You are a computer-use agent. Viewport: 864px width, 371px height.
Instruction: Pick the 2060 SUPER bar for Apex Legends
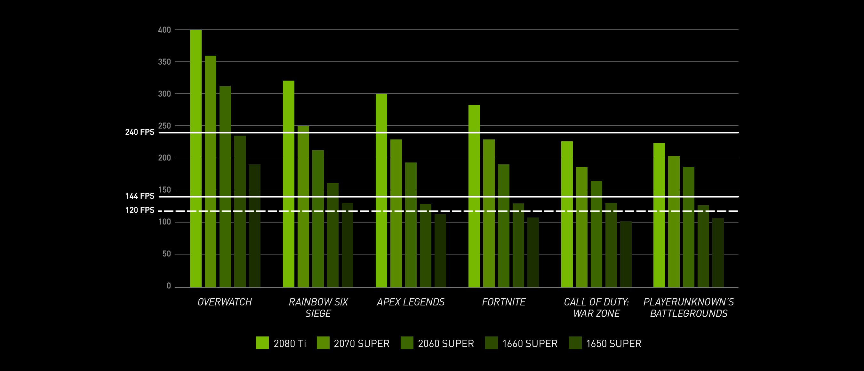coord(411,225)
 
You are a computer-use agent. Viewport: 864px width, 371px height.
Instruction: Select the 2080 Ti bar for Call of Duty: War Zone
coord(567,214)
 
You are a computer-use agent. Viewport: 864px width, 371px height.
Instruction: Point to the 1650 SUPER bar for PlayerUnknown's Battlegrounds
coord(718,253)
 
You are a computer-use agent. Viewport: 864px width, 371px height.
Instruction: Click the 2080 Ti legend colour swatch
coord(262,343)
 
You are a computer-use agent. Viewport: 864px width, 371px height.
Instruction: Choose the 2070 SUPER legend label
coord(362,343)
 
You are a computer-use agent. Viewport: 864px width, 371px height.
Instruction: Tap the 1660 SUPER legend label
coord(530,343)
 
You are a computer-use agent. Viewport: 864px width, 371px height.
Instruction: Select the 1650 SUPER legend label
coord(614,343)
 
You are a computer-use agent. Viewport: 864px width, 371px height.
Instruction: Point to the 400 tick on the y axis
coord(164,30)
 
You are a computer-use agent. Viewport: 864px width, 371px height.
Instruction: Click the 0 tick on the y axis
coord(169,286)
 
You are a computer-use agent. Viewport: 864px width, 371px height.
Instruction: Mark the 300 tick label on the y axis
coord(164,94)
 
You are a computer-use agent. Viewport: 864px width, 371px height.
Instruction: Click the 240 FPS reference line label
coord(140,132)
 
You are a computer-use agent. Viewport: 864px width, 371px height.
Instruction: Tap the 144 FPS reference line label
coord(140,196)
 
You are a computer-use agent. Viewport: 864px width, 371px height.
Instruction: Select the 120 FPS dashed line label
coord(140,210)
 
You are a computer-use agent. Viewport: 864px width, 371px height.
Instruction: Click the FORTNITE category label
coord(504,302)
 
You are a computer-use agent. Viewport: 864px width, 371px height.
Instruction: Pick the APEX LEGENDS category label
coord(411,302)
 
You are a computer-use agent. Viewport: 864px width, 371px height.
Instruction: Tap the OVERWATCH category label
coord(225,302)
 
